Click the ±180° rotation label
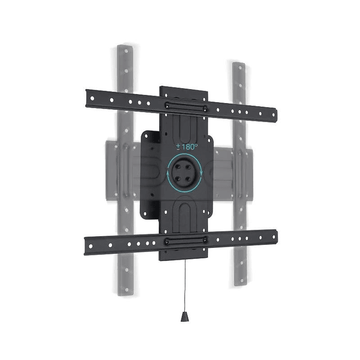187,147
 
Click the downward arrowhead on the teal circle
201,174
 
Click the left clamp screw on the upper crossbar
166,106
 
